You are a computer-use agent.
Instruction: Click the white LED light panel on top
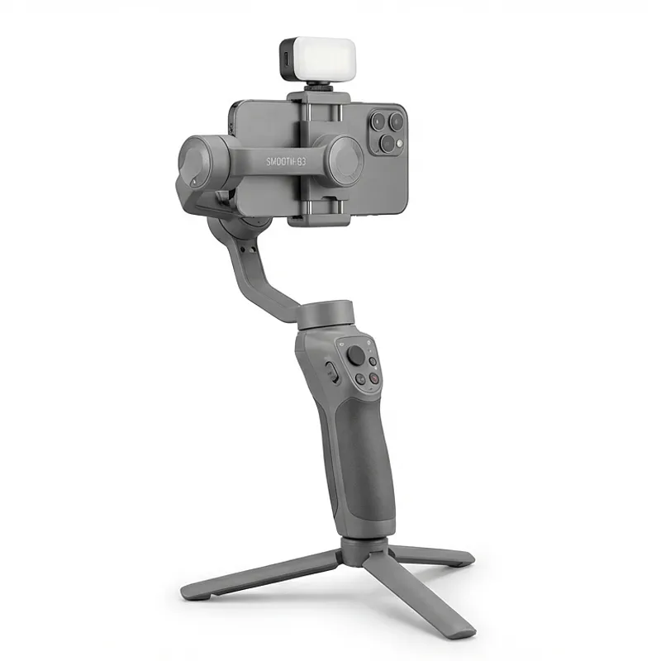pyautogui.click(x=324, y=57)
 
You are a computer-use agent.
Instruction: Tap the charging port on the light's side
pyautogui.click(x=286, y=59)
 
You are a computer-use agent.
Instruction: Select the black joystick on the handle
pyautogui.click(x=356, y=355)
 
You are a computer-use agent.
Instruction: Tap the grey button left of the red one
pyautogui.click(x=360, y=378)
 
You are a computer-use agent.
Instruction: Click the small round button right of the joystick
pyautogui.click(x=373, y=361)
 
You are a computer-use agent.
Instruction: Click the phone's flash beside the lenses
pyautogui.click(x=399, y=144)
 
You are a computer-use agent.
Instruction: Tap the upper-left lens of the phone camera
pyautogui.click(x=379, y=120)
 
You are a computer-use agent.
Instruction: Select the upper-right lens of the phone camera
pyautogui.click(x=397, y=121)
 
